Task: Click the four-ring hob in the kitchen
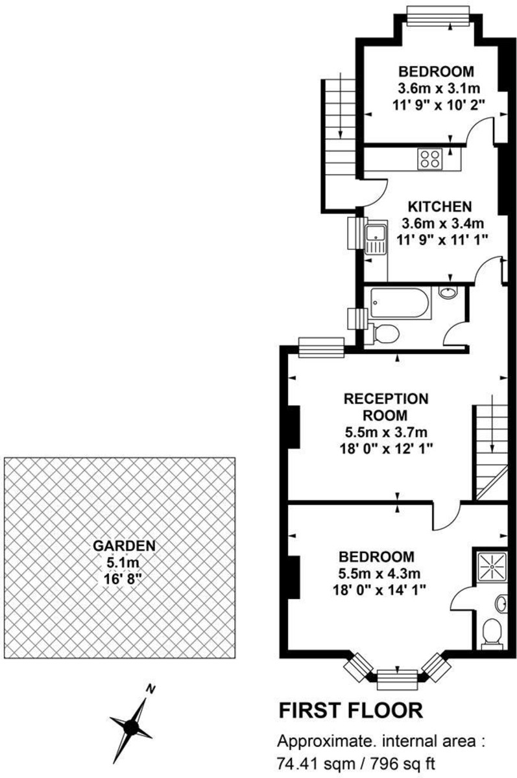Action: pos(431,159)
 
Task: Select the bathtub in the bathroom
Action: pos(400,303)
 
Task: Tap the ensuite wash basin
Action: pos(501,604)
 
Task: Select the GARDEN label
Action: pos(124,546)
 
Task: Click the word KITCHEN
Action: pos(440,207)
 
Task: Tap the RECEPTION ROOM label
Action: pos(386,407)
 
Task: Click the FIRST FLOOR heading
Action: pos(352,711)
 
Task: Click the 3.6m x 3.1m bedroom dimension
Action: pos(439,88)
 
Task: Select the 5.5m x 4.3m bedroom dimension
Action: pos(379,574)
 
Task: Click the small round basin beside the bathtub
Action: pos(448,292)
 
